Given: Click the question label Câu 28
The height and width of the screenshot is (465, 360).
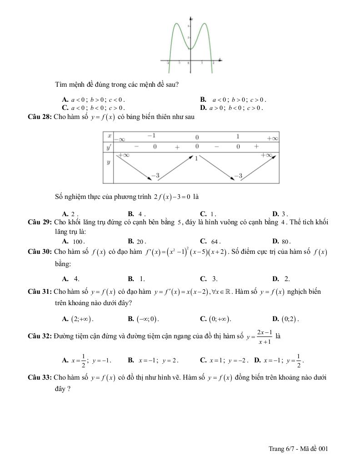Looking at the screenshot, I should point(40,117).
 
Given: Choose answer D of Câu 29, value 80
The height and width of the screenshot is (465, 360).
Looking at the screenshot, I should point(282,242).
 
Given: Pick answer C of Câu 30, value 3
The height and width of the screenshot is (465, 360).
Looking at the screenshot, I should point(209,279).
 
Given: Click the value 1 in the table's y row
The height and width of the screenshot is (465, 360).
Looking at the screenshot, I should point(196,158).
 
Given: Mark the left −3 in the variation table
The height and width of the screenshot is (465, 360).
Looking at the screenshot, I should point(155,175).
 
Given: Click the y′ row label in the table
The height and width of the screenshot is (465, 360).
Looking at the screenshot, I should point(109,147).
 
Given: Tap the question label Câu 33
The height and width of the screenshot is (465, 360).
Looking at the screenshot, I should point(40,377).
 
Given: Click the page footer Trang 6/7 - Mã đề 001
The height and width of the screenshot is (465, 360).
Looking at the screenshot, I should point(298,449).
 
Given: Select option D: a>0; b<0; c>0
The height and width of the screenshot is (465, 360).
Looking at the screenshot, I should point(232,108).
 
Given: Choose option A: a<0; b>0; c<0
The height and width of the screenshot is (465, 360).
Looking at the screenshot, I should point(93,99).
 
